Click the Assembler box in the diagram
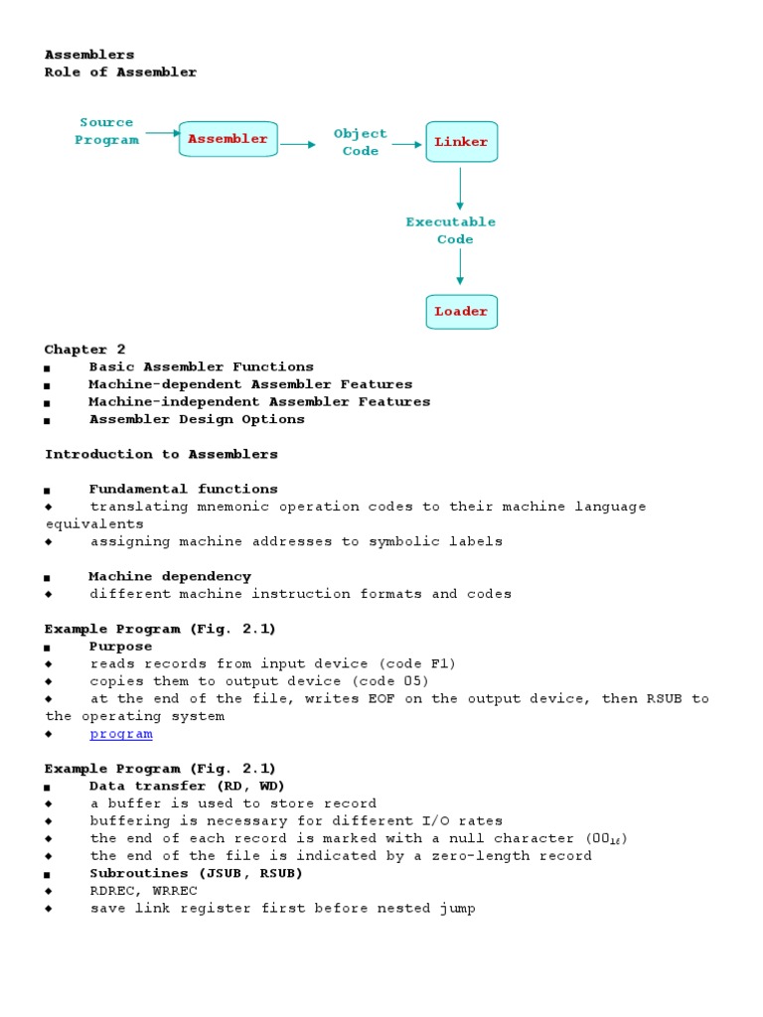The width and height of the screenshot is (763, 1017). pyautogui.click(x=228, y=139)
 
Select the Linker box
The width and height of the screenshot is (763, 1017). pyautogui.click(x=461, y=142)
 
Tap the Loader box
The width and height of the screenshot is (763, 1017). pyautogui.click(x=461, y=312)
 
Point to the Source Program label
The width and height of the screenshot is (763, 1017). pyautogui.click(x=106, y=131)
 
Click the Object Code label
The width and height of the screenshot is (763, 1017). pyautogui.click(x=360, y=142)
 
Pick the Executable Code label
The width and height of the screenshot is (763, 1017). pyautogui.click(x=450, y=230)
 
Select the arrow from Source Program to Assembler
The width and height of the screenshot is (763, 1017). pyautogui.click(x=162, y=132)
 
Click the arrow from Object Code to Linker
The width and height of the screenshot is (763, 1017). pyautogui.click(x=406, y=144)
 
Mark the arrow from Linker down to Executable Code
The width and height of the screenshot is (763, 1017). pyautogui.click(x=460, y=188)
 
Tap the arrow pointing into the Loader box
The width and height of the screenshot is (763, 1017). pyautogui.click(x=460, y=267)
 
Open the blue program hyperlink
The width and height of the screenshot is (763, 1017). pyautogui.click(x=121, y=734)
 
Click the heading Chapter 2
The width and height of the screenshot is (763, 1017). pyautogui.click(x=77, y=350)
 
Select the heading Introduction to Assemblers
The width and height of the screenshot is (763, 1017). pyautogui.click(x=161, y=454)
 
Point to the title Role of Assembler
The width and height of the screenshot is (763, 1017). pyautogui.click(x=120, y=73)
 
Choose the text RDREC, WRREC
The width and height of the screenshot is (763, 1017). pyautogui.click(x=143, y=891)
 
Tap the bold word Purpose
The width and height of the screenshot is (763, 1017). pyautogui.click(x=120, y=647)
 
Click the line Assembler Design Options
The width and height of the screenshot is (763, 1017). pyautogui.click(x=197, y=419)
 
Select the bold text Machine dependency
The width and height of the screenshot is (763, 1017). pyautogui.click(x=170, y=576)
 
